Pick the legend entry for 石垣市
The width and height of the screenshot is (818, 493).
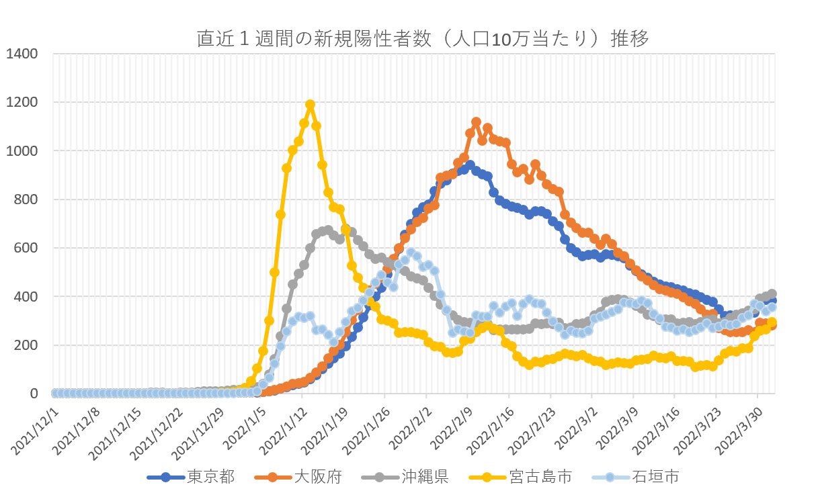635,477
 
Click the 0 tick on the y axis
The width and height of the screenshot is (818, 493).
34,394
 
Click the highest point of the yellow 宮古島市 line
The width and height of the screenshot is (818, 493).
310,105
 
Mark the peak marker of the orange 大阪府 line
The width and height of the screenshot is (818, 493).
476,122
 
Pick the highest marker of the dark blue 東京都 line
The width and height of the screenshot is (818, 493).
470,165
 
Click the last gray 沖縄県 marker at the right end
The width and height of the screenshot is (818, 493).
772,294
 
